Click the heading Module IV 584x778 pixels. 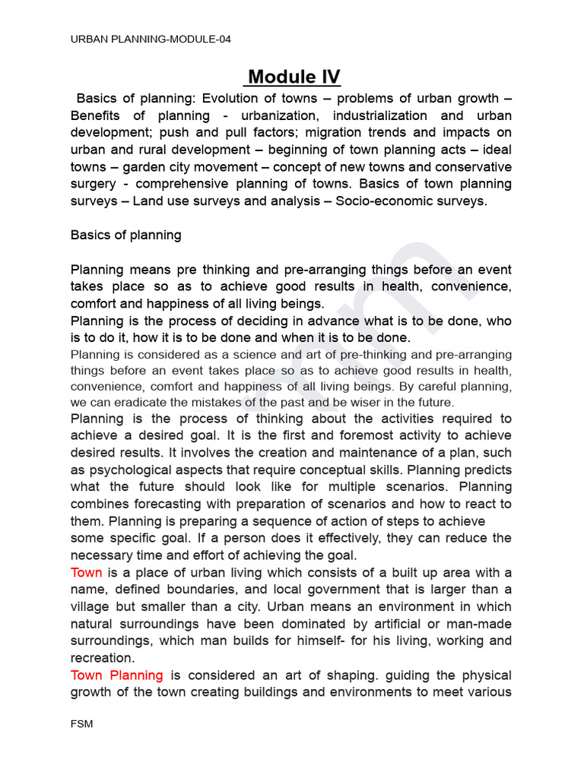[294, 77]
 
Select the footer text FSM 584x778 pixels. [81, 724]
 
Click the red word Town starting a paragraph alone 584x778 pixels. [86, 572]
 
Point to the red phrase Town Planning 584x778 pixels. [116, 675]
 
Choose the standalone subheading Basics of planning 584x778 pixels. [125, 235]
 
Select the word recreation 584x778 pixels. [102, 657]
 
